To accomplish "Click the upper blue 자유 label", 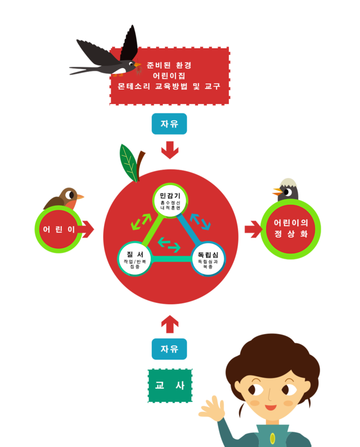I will (169, 124).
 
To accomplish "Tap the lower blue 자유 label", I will (169, 349).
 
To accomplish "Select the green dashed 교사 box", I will (170, 386).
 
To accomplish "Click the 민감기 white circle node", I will (170, 200).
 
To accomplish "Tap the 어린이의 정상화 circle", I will (291, 229).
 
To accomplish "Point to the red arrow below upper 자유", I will (169, 150).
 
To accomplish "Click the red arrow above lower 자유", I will (169, 324).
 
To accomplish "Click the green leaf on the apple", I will (129, 161).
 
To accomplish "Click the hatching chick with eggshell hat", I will (286, 190).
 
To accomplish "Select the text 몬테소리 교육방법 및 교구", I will (169, 86).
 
